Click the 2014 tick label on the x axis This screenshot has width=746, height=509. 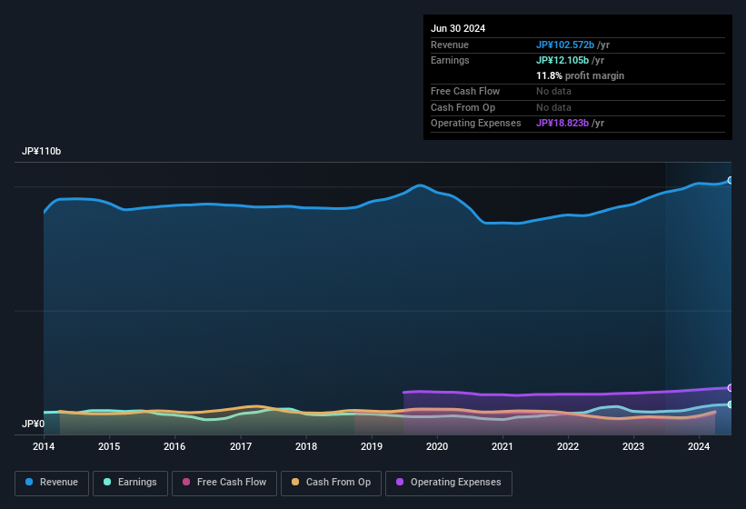click(44, 446)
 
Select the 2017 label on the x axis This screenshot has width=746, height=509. click(241, 446)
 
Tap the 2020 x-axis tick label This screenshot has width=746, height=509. click(437, 446)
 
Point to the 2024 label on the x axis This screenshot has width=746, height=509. click(699, 446)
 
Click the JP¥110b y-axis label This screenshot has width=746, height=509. click(42, 151)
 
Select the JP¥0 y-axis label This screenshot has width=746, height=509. click(34, 424)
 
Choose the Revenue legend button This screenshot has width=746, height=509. click(52, 483)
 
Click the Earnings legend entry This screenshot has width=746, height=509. click(130, 483)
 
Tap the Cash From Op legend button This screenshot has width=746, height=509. click(330, 483)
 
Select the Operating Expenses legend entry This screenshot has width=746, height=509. click(448, 483)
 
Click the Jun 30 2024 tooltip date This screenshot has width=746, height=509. click(458, 28)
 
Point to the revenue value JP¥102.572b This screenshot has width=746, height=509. click(565, 45)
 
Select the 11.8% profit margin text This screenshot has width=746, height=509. click(580, 75)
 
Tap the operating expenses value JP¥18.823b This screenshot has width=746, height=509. click(562, 123)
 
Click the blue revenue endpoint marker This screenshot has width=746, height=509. click(730, 180)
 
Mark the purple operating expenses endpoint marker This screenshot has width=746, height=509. click(730, 387)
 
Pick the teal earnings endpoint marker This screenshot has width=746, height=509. click(730, 404)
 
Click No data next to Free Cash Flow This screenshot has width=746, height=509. click(555, 91)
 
